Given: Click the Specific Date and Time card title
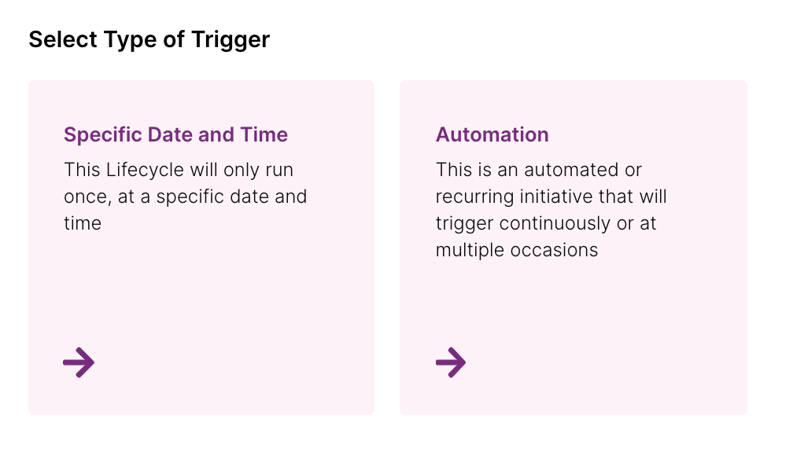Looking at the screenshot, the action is (x=175, y=134).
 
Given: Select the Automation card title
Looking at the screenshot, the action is (x=492, y=134).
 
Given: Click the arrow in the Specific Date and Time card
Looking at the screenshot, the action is (x=79, y=362).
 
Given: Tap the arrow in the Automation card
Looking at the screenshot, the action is (x=451, y=362).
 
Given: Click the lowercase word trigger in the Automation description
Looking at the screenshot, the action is (x=464, y=224).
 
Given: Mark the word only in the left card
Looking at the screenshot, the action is (x=240, y=171).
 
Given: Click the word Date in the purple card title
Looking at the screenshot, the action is (x=170, y=134).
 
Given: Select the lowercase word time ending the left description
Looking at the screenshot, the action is (x=83, y=223).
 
